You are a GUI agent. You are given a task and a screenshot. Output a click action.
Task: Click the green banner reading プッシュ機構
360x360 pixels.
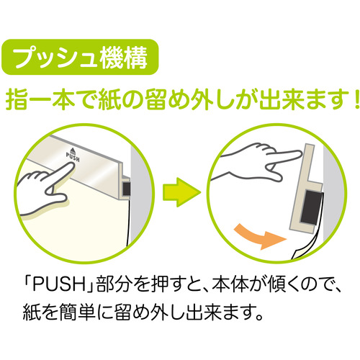80,57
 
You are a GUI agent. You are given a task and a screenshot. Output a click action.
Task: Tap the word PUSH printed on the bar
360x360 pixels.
73,158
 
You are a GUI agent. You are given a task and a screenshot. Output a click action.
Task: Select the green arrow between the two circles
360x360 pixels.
181,192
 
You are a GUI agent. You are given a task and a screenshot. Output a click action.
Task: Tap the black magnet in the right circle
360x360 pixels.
311,208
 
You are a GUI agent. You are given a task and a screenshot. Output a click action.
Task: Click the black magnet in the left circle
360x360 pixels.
127,189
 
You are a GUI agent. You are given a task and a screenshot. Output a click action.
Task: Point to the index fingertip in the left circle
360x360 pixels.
71,165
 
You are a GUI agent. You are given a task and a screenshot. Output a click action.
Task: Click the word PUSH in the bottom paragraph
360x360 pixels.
59,285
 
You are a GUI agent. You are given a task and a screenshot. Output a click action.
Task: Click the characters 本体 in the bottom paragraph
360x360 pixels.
229,285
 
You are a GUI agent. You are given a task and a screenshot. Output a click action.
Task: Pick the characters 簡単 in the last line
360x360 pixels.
78,312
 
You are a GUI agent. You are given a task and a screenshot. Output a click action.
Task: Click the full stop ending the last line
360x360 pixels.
258,317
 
